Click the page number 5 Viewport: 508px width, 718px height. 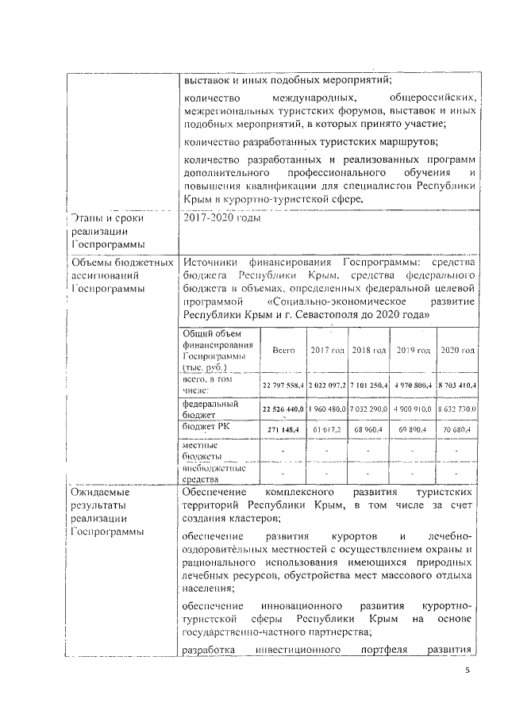coord(468,670)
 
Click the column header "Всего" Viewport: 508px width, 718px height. coord(283,350)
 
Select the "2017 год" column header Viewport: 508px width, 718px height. coord(327,350)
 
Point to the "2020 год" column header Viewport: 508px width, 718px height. coord(458,350)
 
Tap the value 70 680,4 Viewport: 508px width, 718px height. coord(458,429)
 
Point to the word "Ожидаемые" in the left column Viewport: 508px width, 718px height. coord(101,492)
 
